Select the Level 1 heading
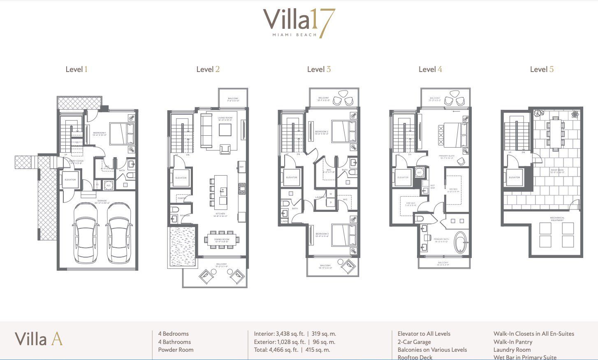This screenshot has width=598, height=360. point(76,69)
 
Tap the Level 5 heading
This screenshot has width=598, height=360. point(542,69)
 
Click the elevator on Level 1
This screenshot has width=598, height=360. point(70,180)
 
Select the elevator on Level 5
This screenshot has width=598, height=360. point(514,177)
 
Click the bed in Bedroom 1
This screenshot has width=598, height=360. point(122,133)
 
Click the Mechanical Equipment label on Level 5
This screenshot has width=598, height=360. point(557,219)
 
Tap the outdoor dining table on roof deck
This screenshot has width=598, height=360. point(556,132)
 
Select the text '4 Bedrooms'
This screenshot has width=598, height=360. point(174,334)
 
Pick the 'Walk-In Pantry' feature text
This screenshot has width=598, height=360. point(513,342)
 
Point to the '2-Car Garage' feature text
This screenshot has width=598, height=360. point(414,342)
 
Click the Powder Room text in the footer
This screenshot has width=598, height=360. point(176,350)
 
